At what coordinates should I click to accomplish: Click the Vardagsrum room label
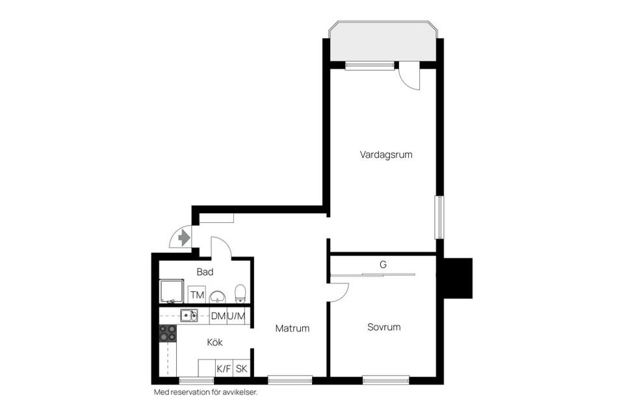click(386, 155)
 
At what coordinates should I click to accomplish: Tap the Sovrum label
click(383, 327)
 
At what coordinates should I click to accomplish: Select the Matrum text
click(292, 328)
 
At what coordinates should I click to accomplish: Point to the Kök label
click(214, 342)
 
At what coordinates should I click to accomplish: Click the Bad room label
click(205, 272)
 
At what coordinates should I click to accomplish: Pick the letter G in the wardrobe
click(383, 265)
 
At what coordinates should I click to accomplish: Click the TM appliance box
click(197, 295)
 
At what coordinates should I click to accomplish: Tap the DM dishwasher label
click(218, 316)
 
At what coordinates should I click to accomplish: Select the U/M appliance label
click(237, 316)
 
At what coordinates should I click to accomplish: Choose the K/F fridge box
click(224, 369)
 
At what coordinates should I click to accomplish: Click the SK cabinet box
click(242, 369)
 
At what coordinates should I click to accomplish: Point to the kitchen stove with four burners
click(168, 333)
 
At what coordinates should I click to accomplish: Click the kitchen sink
click(189, 315)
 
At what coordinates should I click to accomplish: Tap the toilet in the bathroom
click(240, 294)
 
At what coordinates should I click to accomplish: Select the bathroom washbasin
click(218, 297)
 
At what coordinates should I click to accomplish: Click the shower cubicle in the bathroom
click(172, 292)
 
